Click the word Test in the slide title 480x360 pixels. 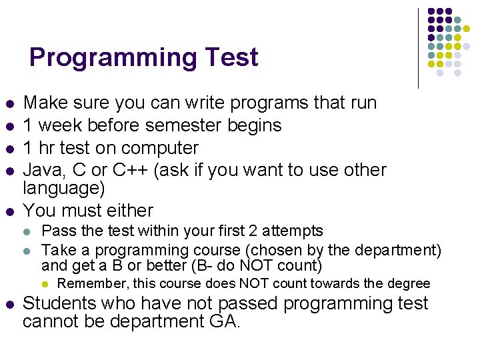[231, 57]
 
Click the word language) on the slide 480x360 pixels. [63, 188]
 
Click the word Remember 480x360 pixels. [95, 284]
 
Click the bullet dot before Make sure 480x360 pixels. [9, 105]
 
